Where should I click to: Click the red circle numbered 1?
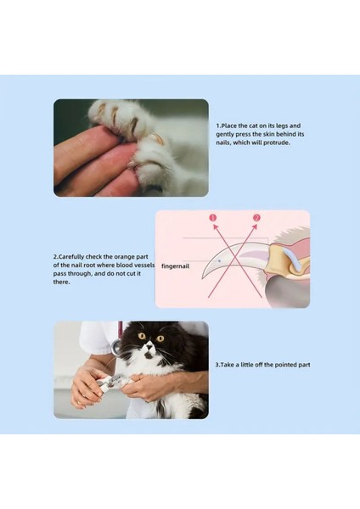(x=213, y=217)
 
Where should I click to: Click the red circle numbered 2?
(x=256, y=217)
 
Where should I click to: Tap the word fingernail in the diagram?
(x=175, y=266)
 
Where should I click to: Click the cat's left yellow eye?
(x=142, y=336)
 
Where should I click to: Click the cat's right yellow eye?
(x=160, y=338)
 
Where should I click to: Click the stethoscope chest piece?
(x=115, y=347)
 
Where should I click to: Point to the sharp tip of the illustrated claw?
(x=203, y=278)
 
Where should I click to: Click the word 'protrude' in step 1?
(x=276, y=143)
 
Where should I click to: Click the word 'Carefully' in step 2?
(x=71, y=257)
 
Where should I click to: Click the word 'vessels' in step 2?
(x=143, y=265)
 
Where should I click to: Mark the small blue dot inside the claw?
(x=220, y=260)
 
